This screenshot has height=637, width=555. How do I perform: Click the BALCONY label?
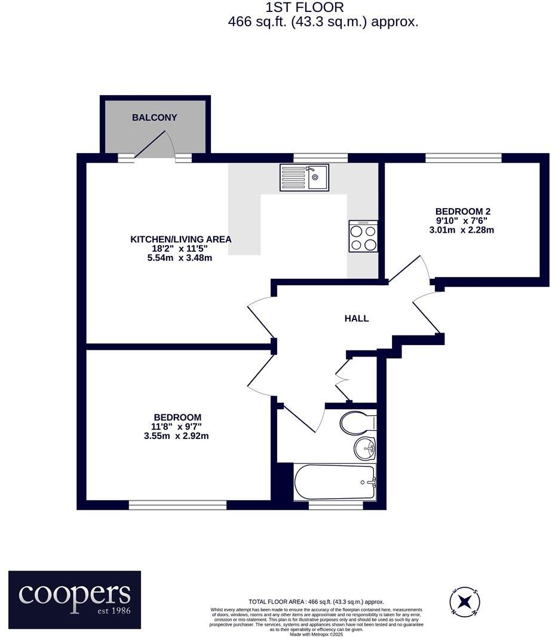tap(155, 118)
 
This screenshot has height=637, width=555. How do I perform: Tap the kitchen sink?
tap(304, 178)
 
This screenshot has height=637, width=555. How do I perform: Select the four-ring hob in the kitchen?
tap(363, 236)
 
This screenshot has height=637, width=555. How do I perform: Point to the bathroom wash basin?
tap(364, 448)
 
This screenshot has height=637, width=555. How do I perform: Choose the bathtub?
tap(335, 481)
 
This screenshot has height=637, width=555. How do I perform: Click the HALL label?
tap(357, 319)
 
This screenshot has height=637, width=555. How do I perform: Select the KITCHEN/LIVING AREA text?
tap(181, 239)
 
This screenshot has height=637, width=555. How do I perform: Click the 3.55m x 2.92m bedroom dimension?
tap(176, 436)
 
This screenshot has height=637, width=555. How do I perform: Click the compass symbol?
tap(465, 600)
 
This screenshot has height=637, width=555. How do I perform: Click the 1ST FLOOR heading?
tap(305, 8)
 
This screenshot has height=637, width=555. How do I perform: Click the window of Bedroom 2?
tap(463, 158)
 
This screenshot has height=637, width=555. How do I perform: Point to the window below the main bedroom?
tap(177, 505)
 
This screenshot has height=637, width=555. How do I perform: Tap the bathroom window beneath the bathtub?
tap(336, 505)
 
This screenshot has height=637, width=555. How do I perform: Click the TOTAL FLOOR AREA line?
tap(316, 602)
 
